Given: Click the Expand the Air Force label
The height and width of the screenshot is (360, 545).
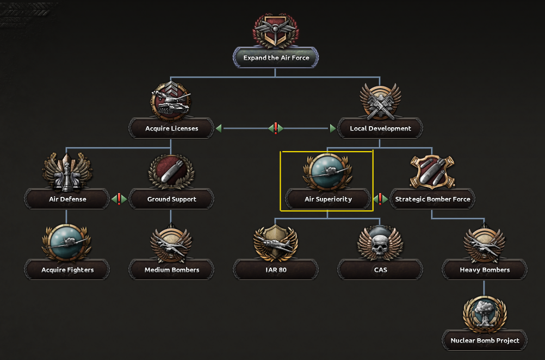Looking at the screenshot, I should point(276,58).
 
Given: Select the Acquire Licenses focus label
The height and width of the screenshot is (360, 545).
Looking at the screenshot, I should point(171,129).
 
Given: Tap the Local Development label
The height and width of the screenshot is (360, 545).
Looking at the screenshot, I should point(380,129).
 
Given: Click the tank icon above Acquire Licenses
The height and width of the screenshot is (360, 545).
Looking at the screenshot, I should point(171,101).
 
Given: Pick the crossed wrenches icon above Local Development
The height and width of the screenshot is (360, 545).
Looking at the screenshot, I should point(380,102).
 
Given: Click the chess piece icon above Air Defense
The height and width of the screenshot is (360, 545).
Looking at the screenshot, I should point(67,172).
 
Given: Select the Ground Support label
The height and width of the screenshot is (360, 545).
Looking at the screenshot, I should point(171,199).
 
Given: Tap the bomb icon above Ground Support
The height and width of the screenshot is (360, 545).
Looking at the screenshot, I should point(171,172).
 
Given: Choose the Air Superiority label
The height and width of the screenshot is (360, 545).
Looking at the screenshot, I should point(328,199).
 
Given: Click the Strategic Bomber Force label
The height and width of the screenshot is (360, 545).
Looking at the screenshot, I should point(432,199).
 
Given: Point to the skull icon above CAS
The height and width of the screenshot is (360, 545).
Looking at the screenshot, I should point(380,243).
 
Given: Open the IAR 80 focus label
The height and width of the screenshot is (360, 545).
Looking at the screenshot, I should point(276,270).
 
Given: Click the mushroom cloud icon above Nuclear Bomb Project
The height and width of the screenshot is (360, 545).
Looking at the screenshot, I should point(485,314).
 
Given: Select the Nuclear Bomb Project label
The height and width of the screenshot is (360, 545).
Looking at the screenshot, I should point(485,340).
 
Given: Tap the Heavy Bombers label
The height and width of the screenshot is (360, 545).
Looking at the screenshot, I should point(485,270).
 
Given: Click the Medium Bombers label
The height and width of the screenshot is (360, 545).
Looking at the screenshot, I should point(171,270).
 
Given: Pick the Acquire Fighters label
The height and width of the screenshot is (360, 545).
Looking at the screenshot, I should point(67,270).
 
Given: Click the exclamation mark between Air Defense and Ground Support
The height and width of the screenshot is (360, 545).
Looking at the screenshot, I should point(119,199).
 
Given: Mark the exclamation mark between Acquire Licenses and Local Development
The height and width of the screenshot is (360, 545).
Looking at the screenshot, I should point(276,128).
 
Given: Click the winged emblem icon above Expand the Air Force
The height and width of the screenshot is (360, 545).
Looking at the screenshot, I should point(276,30).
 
